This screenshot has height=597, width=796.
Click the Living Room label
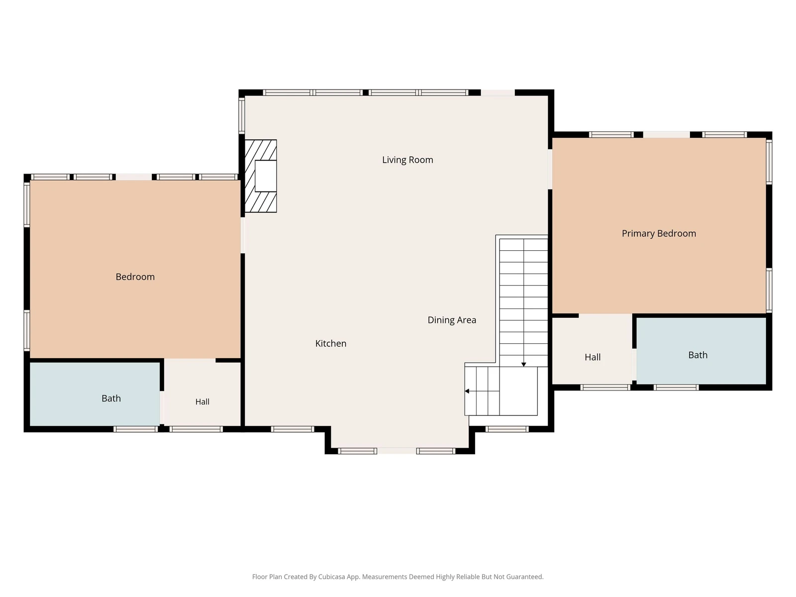(x=407, y=160)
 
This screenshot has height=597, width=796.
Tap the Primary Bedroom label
(x=659, y=233)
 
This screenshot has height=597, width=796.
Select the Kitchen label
(x=331, y=343)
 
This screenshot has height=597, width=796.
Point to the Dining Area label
(x=452, y=320)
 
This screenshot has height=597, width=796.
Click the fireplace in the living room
(x=261, y=176)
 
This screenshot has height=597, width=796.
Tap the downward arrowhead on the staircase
(x=523, y=364)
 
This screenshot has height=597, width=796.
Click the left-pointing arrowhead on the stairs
(x=467, y=391)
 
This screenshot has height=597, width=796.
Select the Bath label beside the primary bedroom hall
(x=697, y=355)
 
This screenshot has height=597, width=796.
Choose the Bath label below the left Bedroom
(x=111, y=398)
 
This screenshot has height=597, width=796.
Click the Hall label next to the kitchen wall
(x=202, y=401)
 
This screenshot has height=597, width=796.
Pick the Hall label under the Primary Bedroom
(x=593, y=357)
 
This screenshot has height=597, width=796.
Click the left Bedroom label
(x=135, y=277)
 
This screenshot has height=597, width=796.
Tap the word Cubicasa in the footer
(x=331, y=577)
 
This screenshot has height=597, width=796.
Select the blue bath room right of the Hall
(x=701, y=351)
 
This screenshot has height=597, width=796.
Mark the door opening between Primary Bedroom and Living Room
(x=550, y=169)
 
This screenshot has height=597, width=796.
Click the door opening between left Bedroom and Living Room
(x=243, y=235)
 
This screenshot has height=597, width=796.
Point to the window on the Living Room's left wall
(x=241, y=115)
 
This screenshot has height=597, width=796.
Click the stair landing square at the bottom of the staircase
(x=518, y=391)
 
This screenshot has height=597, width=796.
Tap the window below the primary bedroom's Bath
(x=676, y=388)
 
